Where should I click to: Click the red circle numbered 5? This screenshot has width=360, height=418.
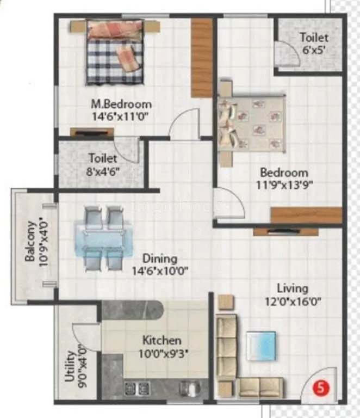click(321, 389)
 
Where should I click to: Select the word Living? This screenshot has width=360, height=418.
click(292, 288)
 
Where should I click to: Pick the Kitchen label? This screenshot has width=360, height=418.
click(162, 341)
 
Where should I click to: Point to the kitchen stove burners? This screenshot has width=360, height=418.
click(136, 388)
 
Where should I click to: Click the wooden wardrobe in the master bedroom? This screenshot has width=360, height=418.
click(201, 57)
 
